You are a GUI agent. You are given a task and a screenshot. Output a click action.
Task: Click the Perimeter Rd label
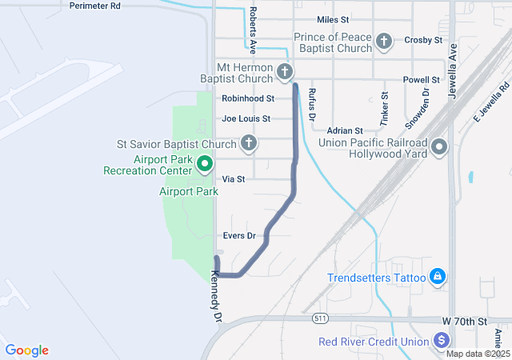94,6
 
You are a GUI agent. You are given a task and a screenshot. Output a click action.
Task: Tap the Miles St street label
333,18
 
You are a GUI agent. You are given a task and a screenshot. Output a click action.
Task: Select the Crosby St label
423,39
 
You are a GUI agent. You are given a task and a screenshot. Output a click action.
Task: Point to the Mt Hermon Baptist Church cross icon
284,74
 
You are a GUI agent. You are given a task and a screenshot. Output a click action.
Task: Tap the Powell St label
422,80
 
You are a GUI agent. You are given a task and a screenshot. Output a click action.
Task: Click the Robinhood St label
248,98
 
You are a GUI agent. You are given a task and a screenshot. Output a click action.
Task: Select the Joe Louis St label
246,118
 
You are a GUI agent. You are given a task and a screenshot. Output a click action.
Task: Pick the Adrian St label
345,130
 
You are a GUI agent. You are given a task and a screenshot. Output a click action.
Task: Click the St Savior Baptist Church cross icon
249,144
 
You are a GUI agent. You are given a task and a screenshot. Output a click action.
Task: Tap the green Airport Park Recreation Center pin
204,164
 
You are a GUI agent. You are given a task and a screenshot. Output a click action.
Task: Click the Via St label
234,179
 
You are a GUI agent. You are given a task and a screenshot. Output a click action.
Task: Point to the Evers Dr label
238,235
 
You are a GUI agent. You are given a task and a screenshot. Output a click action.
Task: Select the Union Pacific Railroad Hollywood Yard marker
440,147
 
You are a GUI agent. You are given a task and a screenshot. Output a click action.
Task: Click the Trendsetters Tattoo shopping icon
438,278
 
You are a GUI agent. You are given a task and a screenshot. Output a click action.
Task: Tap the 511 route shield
320,318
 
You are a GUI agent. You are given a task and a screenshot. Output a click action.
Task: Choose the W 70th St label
464,321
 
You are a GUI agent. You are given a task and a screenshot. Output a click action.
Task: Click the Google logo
27,350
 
